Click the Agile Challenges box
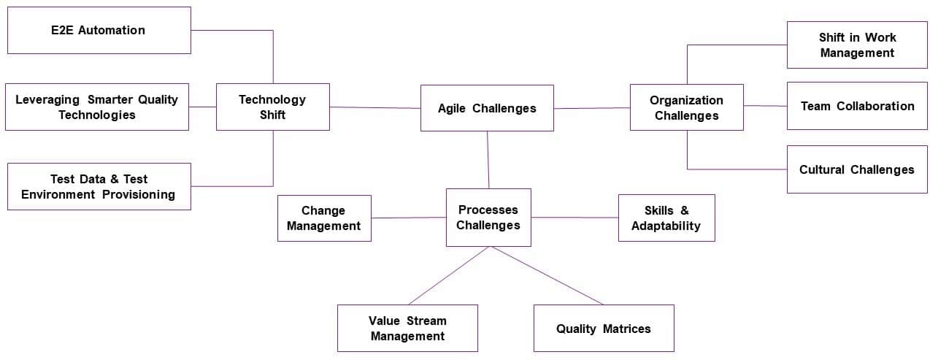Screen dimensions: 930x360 coord(487,108)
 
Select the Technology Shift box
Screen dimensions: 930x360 coord(273,107)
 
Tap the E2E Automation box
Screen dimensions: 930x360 coord(99,30)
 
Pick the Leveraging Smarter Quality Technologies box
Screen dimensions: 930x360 coord(97,107)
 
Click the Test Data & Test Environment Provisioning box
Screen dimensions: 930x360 coord(99,186)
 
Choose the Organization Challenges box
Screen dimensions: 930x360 coord(687,107)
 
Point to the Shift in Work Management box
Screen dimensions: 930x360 coord(857,45)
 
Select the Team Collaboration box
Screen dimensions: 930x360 coord(857,106)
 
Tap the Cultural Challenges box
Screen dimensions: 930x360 coord(857,169)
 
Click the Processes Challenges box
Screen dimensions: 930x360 coord(488,218)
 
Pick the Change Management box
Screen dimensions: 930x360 coord(324,218)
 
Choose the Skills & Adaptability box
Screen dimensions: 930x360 coord(666,218)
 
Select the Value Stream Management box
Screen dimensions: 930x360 coord(408,328)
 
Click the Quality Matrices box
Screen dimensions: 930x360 coord(604,328)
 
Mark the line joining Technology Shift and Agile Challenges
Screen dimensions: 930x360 coord(375,107)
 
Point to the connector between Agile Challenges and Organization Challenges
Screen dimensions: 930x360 coord(592,108)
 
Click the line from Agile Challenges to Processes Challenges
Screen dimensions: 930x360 coord(488,160)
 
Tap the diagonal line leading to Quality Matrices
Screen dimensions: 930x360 coord(547,275)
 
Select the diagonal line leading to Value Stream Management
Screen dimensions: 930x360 coord(450,275)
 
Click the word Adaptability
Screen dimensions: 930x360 coord(666,226)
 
